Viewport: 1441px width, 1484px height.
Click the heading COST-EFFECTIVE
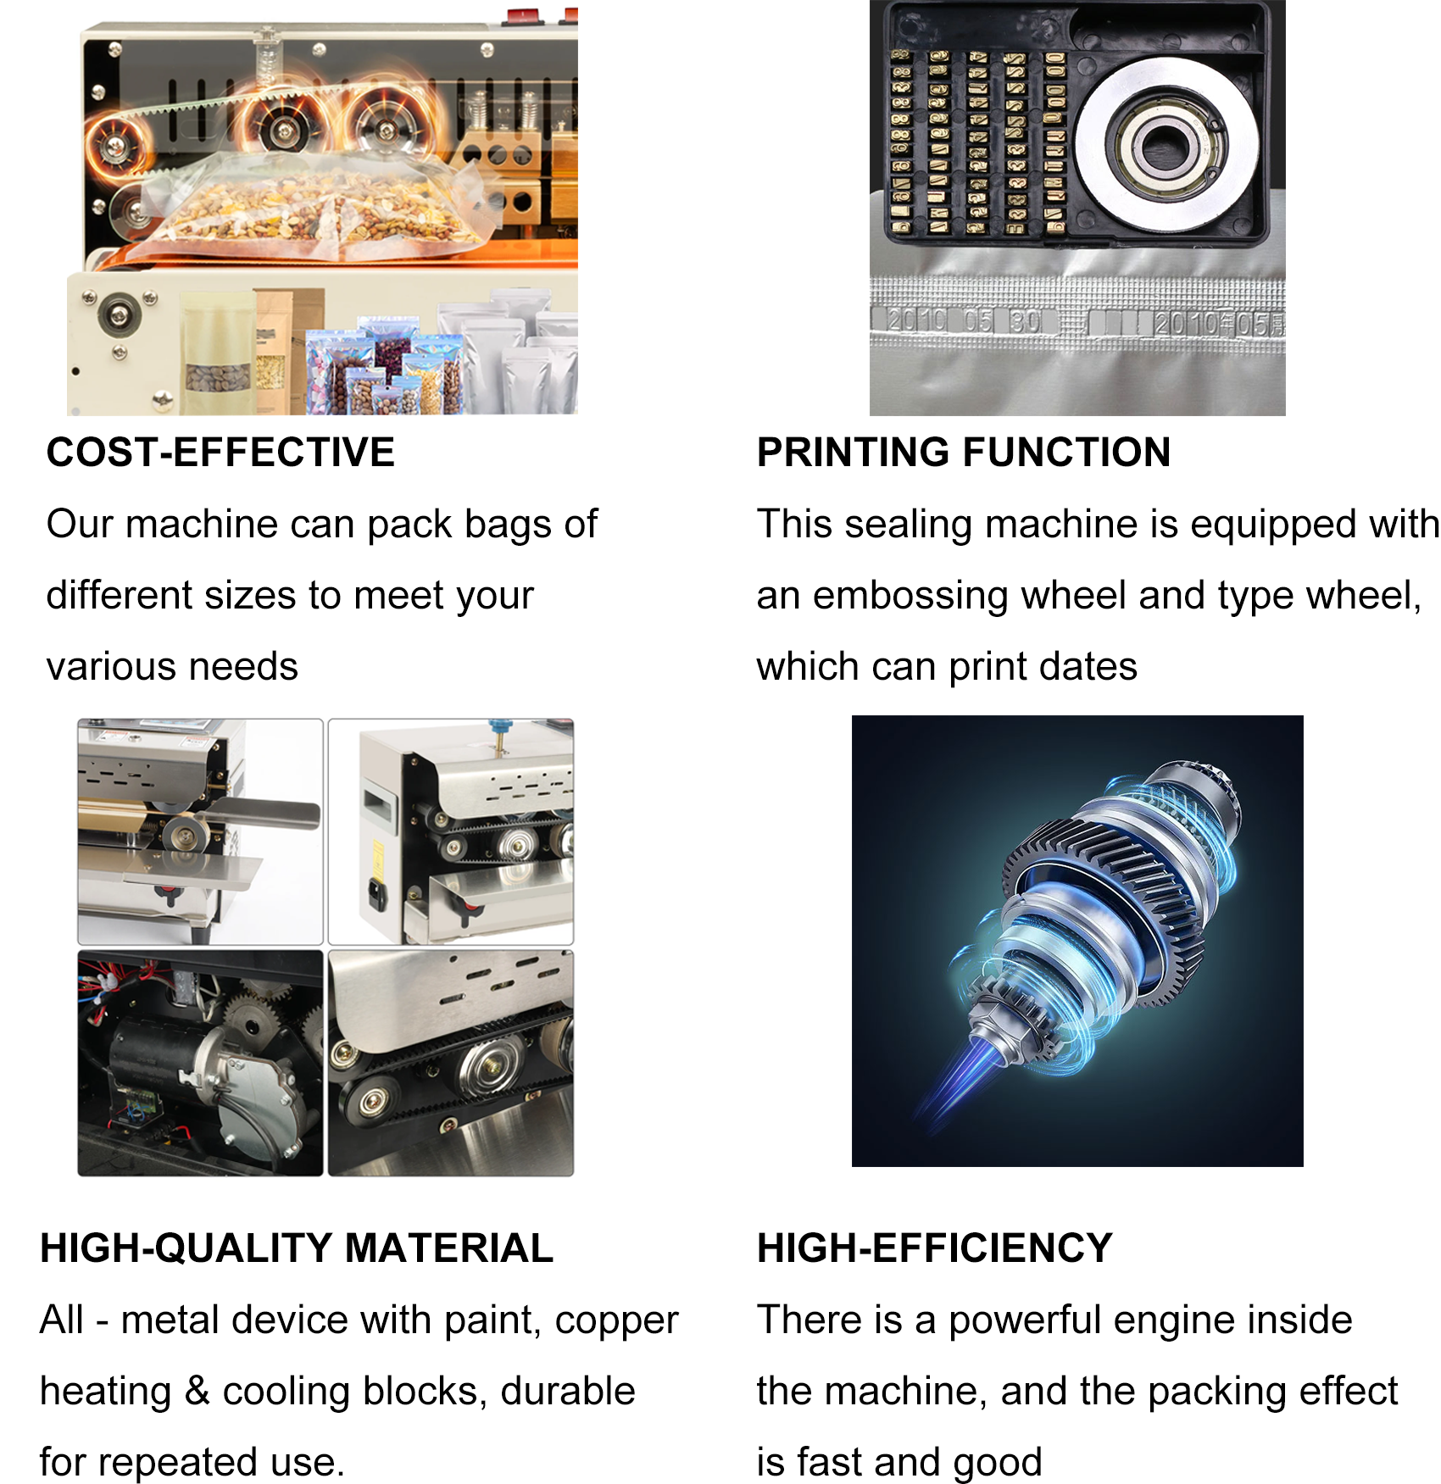click(x=220, y=452)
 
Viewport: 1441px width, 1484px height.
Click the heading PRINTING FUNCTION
click(x=964, y=452)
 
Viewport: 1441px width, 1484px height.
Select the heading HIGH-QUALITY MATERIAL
click(x=297, y=1248)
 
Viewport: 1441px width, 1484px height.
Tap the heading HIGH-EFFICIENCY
click(x=934, y=1248)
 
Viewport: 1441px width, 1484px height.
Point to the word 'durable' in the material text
click(x=567, y=1392)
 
